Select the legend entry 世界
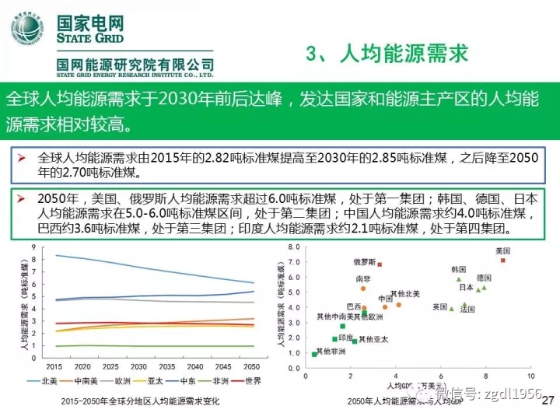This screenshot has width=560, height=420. point(251,380)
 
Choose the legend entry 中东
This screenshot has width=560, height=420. point(187,380)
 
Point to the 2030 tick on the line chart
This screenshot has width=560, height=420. point(138,366)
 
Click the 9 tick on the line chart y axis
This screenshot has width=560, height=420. point(34,248)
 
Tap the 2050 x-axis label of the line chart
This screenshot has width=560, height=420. point(250,366)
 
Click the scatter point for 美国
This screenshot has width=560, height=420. point(503,261)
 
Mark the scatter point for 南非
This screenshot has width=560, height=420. point(363,289)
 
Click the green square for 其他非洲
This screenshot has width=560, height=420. point(314,355)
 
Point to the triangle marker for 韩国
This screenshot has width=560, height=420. point(459,278)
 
